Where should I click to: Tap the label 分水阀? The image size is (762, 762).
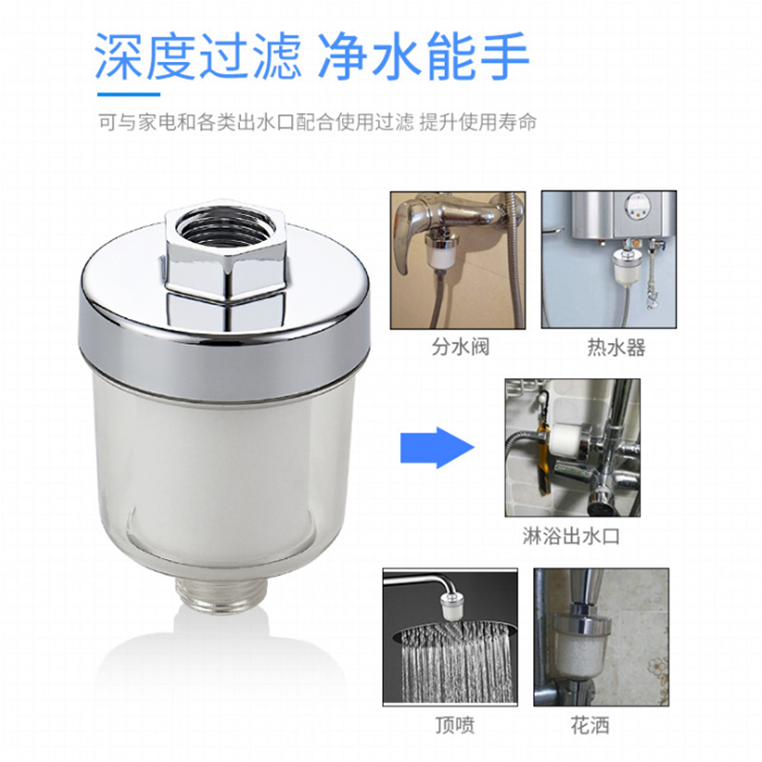click(458, 347)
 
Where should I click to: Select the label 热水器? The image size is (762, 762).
click(615, 347)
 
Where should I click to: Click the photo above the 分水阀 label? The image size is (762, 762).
click(458, 259)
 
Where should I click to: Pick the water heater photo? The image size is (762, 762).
click(614, 259)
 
